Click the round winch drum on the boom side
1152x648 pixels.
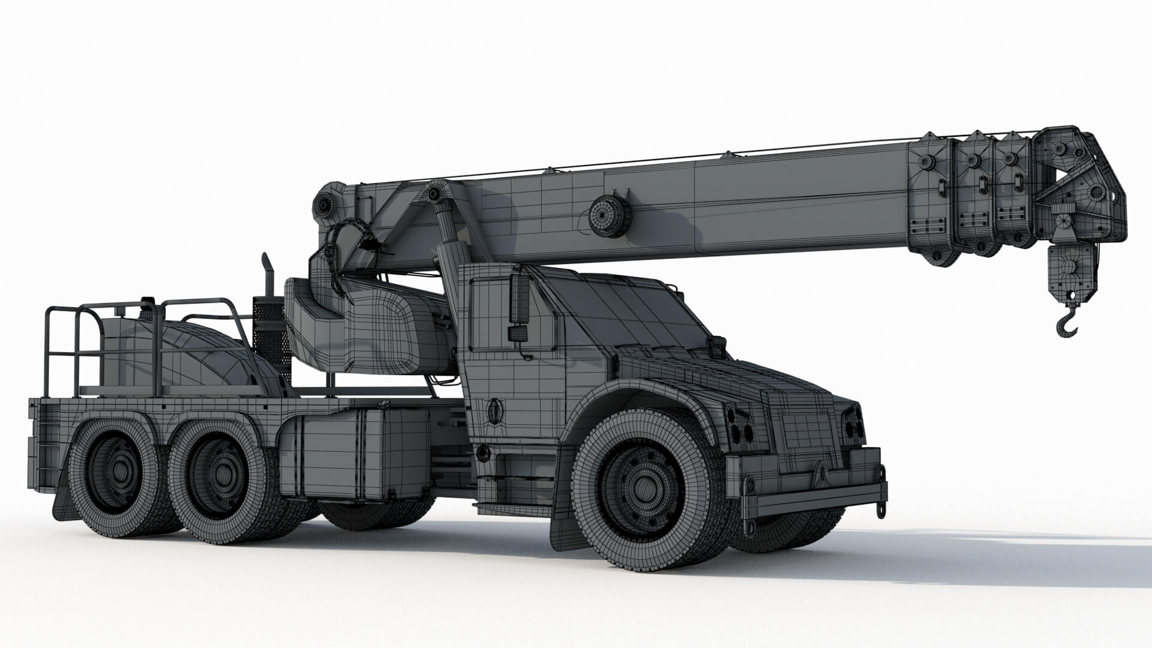click(609, 215)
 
